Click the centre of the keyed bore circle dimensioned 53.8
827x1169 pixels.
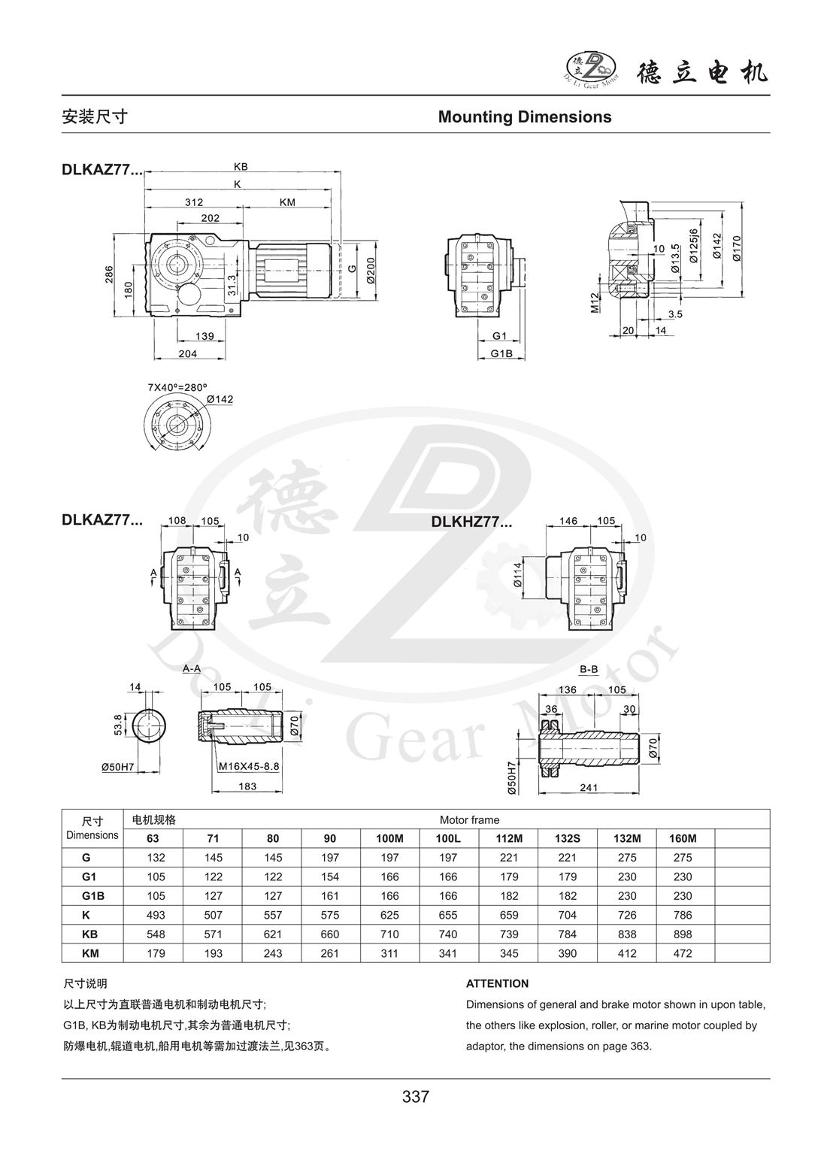(149, 726)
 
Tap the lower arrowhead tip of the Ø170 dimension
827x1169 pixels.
(741, 296)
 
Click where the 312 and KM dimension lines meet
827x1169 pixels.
(243, 207)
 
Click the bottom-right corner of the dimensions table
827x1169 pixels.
(770, 962)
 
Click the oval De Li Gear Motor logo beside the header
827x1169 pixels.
(592, 70)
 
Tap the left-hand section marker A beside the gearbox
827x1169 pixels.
(153, 573)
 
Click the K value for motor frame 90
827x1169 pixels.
(330, 915)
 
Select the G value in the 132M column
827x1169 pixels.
(627, 858)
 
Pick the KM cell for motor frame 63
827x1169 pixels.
(156, 953)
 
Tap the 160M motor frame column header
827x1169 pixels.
(683, 839)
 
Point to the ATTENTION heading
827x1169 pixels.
(497, 983)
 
